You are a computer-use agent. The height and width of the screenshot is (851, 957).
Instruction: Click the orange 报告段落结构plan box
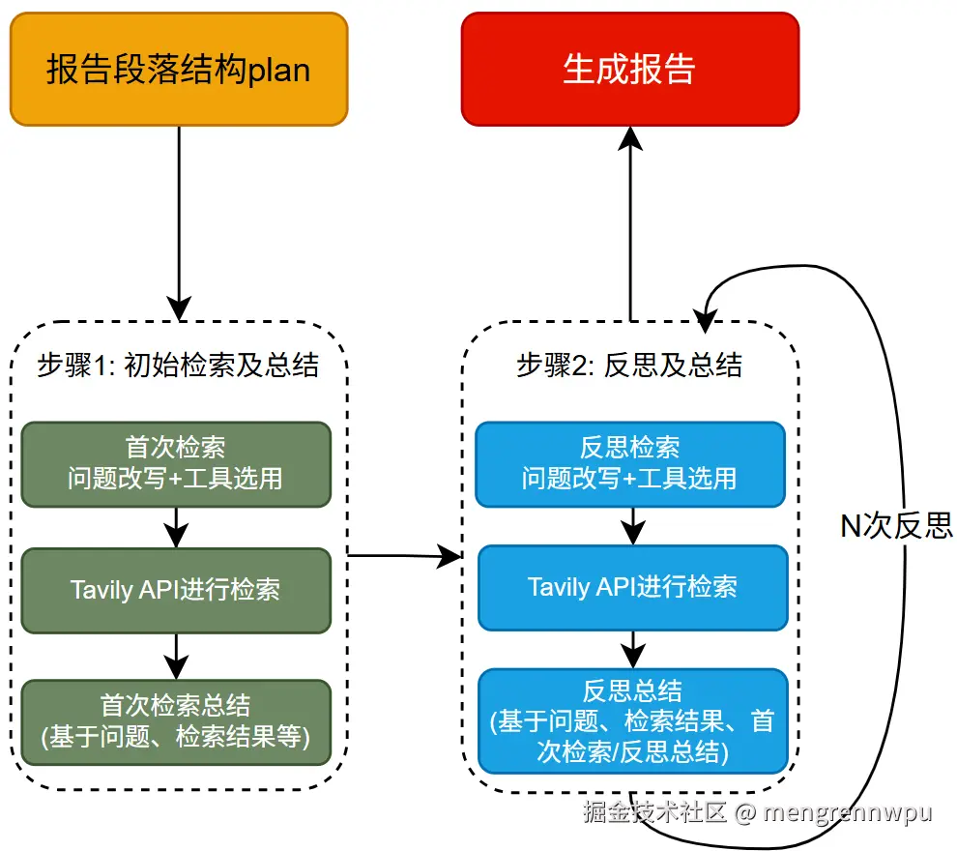pos(179,70)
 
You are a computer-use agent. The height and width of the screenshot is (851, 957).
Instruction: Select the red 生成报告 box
pos(630,70)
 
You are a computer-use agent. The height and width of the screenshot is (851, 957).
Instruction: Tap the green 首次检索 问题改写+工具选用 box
pos(176,463)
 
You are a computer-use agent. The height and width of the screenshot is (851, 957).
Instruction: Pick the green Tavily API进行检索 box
pos(176,591)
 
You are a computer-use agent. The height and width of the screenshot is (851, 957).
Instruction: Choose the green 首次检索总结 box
pos(176,721)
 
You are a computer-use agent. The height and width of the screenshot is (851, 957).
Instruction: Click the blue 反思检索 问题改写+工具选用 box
pos(630,463)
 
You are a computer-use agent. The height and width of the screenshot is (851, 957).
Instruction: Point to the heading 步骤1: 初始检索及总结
pos(179,365)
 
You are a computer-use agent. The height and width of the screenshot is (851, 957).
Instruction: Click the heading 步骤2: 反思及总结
pos(629,365)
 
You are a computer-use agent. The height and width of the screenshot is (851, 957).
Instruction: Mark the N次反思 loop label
pos(896,525)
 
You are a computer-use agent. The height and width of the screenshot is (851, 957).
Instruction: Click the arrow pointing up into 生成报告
pos(630,222)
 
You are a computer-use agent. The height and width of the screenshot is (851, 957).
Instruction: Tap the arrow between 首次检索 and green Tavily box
pos(176,528)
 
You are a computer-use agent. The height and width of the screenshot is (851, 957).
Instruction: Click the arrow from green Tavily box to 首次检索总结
pos(176,656)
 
